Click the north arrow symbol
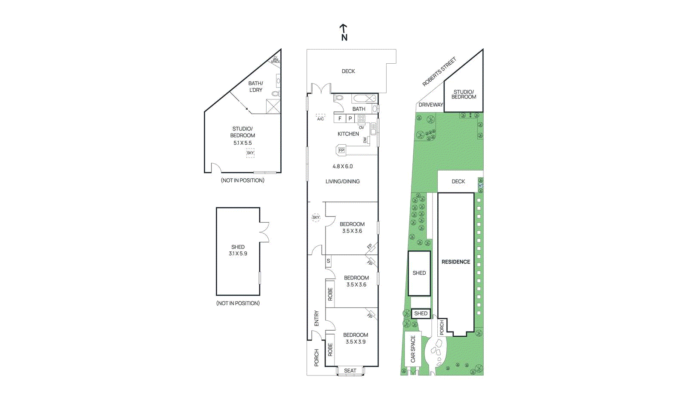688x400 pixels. click(x=344, y=32)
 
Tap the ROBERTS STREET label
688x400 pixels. click(x=439, y=71)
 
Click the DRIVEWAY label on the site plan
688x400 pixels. click(x=430, y=105)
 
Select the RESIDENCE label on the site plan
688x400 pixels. click(x=456, y=262)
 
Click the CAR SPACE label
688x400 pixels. click(x=413, y=349)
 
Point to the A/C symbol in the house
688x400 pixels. click(x=320, y=117)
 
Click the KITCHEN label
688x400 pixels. click(x=348, y=134)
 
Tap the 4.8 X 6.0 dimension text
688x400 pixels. click(x=342, y=166)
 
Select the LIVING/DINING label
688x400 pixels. click(x=342, y=181)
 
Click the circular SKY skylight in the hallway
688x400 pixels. click(x=316, y=217)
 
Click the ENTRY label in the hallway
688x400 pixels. click(x=316, y=318)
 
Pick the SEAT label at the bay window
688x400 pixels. click(x=350, y=371)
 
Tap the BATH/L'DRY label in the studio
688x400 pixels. click(x=255, y=87)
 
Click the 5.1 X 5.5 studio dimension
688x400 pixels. click(x=243, y=143)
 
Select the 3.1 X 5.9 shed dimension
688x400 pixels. click(x=238, y=254)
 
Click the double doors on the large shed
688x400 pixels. click(x=264, y=232)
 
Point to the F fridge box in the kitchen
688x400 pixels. click(x=340, y=118)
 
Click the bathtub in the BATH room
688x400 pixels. click(x=364, y=98)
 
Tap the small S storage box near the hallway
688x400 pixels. click(x=329, y=261)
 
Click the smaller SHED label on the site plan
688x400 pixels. click(x=421, y=313)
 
